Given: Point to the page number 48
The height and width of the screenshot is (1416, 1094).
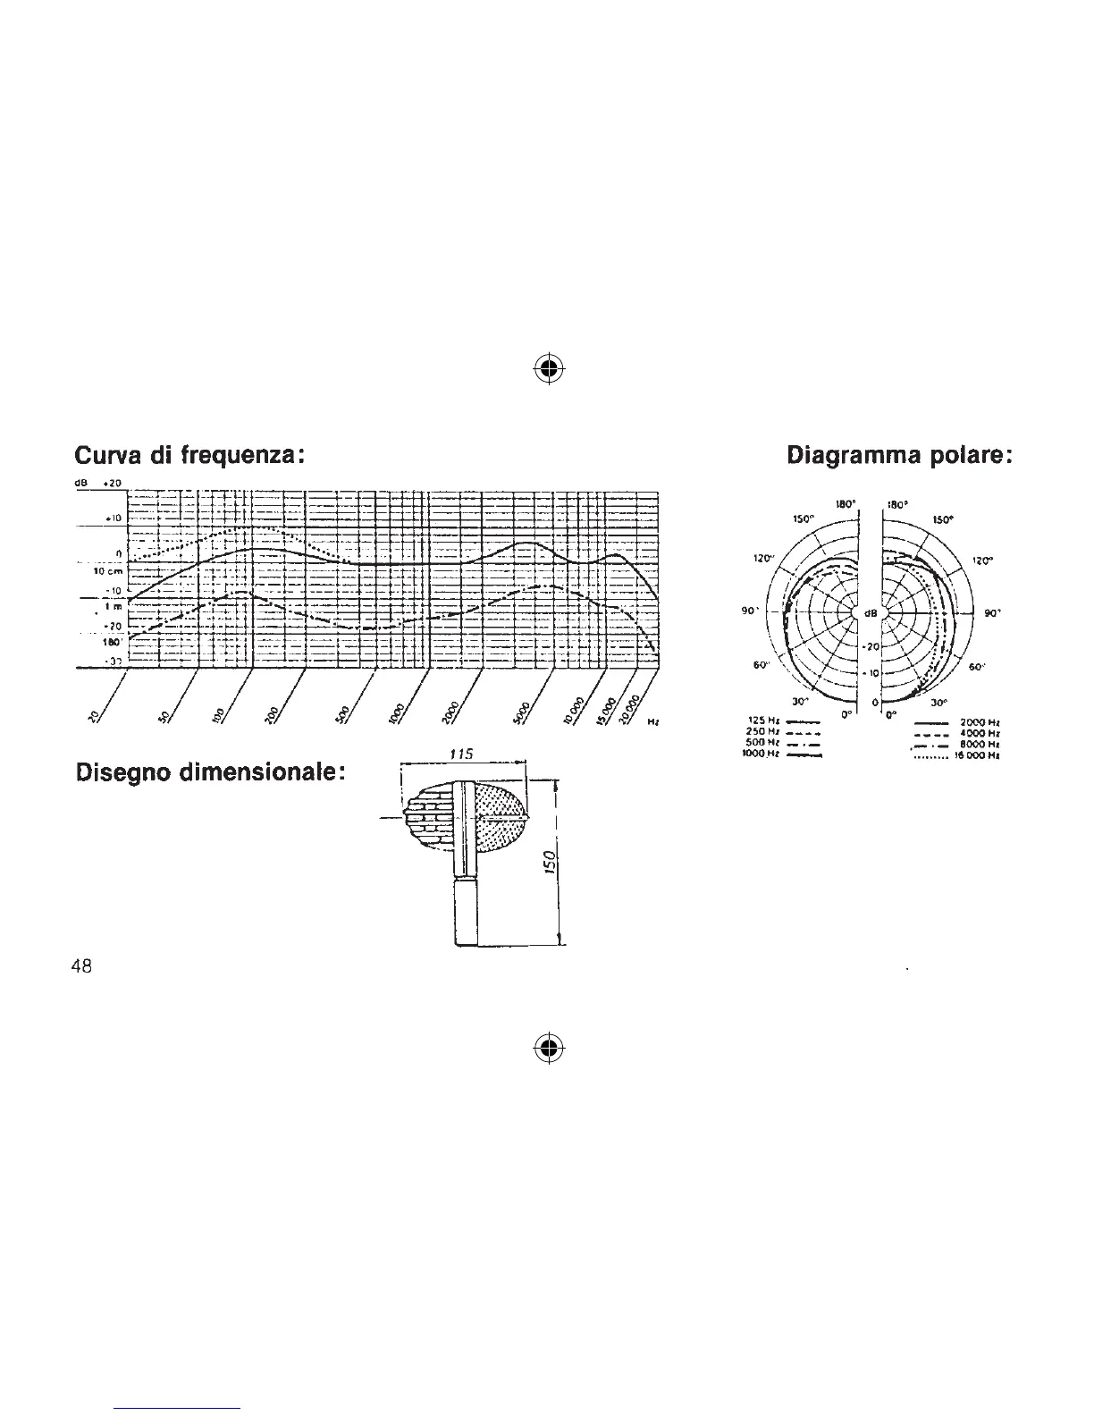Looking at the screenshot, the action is pyautogui.click(x=81, y=967).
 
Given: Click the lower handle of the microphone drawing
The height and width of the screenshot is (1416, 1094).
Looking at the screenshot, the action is pyautogui.click(x=467, y=910).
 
